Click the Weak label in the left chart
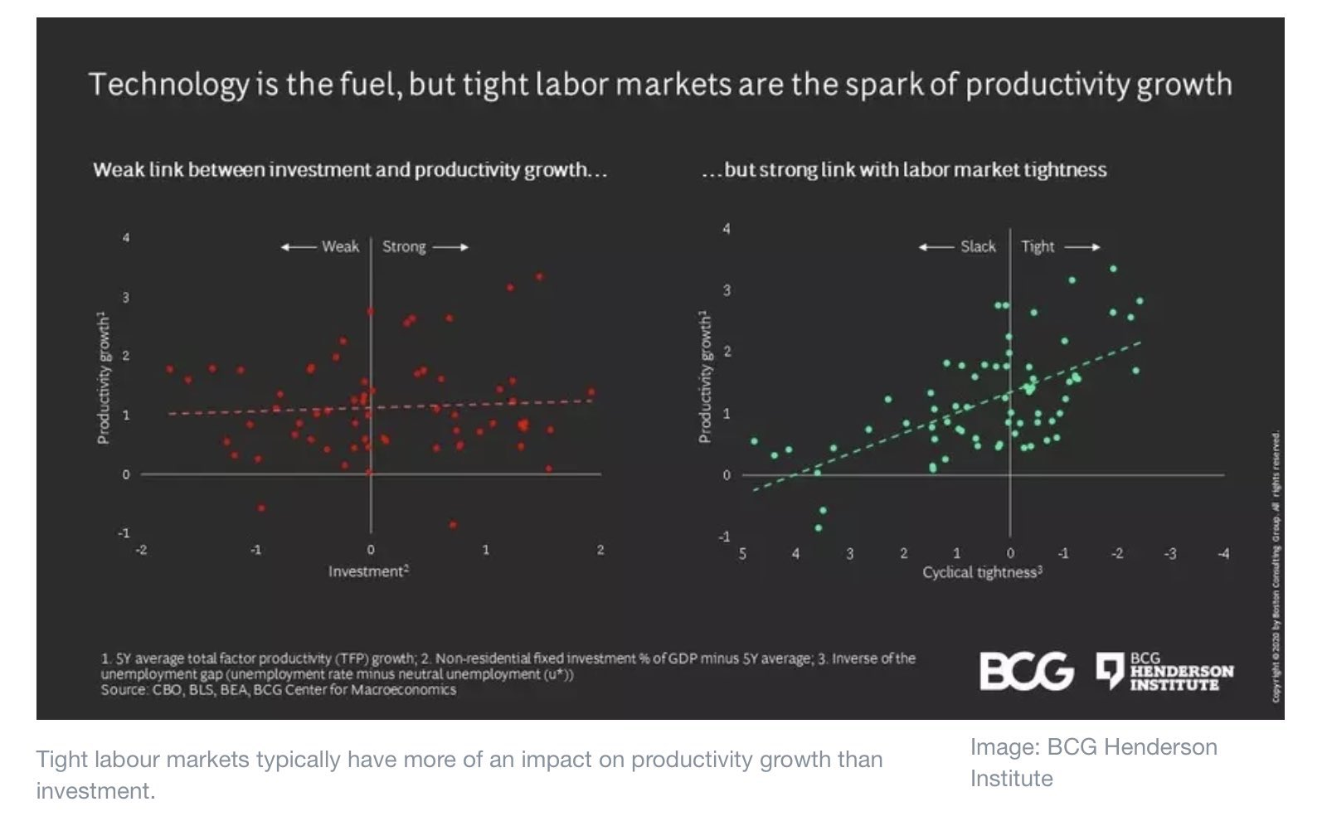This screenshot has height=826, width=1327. (x=340, y=246)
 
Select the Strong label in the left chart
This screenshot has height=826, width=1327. (x=404, y=246)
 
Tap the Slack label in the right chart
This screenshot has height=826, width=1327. (x=978, y=246)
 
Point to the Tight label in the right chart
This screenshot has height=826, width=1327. (x=1038, y=246)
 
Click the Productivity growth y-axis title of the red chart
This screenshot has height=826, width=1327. (x=104, y=377)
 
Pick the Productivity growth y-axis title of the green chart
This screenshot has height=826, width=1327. (x=705, y=377)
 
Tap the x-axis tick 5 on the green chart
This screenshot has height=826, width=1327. (x=742, y=553)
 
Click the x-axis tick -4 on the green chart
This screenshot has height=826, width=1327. (x=1222, y=553)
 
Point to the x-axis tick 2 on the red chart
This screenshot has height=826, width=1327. (x=600, y=549)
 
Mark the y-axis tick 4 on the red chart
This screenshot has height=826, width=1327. (x=126, y=238)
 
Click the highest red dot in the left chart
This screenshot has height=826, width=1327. (x=539, y=276)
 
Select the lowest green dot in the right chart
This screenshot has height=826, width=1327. (x=819, y=527)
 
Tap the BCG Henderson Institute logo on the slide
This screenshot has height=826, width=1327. (x=1164, y=671)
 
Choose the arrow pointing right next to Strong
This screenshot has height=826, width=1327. (x=451, y=246)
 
